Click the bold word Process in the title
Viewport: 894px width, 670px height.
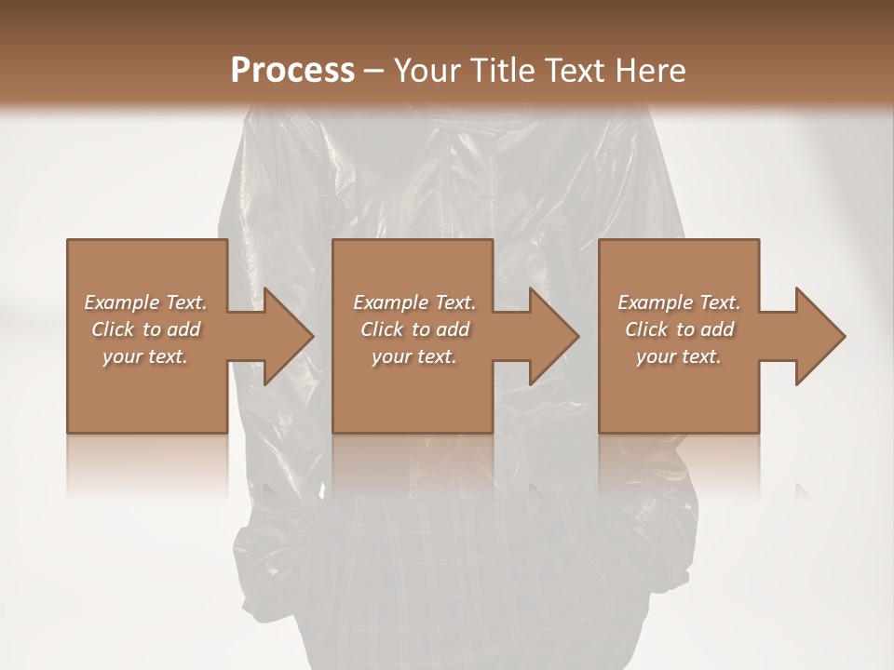[x=291, y=71]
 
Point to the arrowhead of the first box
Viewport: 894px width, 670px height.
[x=284, y=336]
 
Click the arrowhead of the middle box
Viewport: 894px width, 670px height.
[x=550, y=336]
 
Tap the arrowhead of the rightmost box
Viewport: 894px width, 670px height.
[x=816, y=336]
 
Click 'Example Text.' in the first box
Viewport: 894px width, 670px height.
[x=145, y=302]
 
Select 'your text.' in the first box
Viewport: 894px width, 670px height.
[x=145, y=356]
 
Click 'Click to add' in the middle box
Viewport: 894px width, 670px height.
[x=414, y=329]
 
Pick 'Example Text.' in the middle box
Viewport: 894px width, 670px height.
[x=414, y=302]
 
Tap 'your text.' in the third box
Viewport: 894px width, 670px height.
[x=679, y=356]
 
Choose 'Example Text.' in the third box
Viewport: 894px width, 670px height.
[x=679, y=302]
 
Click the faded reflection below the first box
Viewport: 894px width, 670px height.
[x=147, y=465]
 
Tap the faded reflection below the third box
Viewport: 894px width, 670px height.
[x=679, y=465]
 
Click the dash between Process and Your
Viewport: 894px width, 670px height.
[x=372, y=71]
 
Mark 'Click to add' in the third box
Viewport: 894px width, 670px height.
[x=679, y=329]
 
